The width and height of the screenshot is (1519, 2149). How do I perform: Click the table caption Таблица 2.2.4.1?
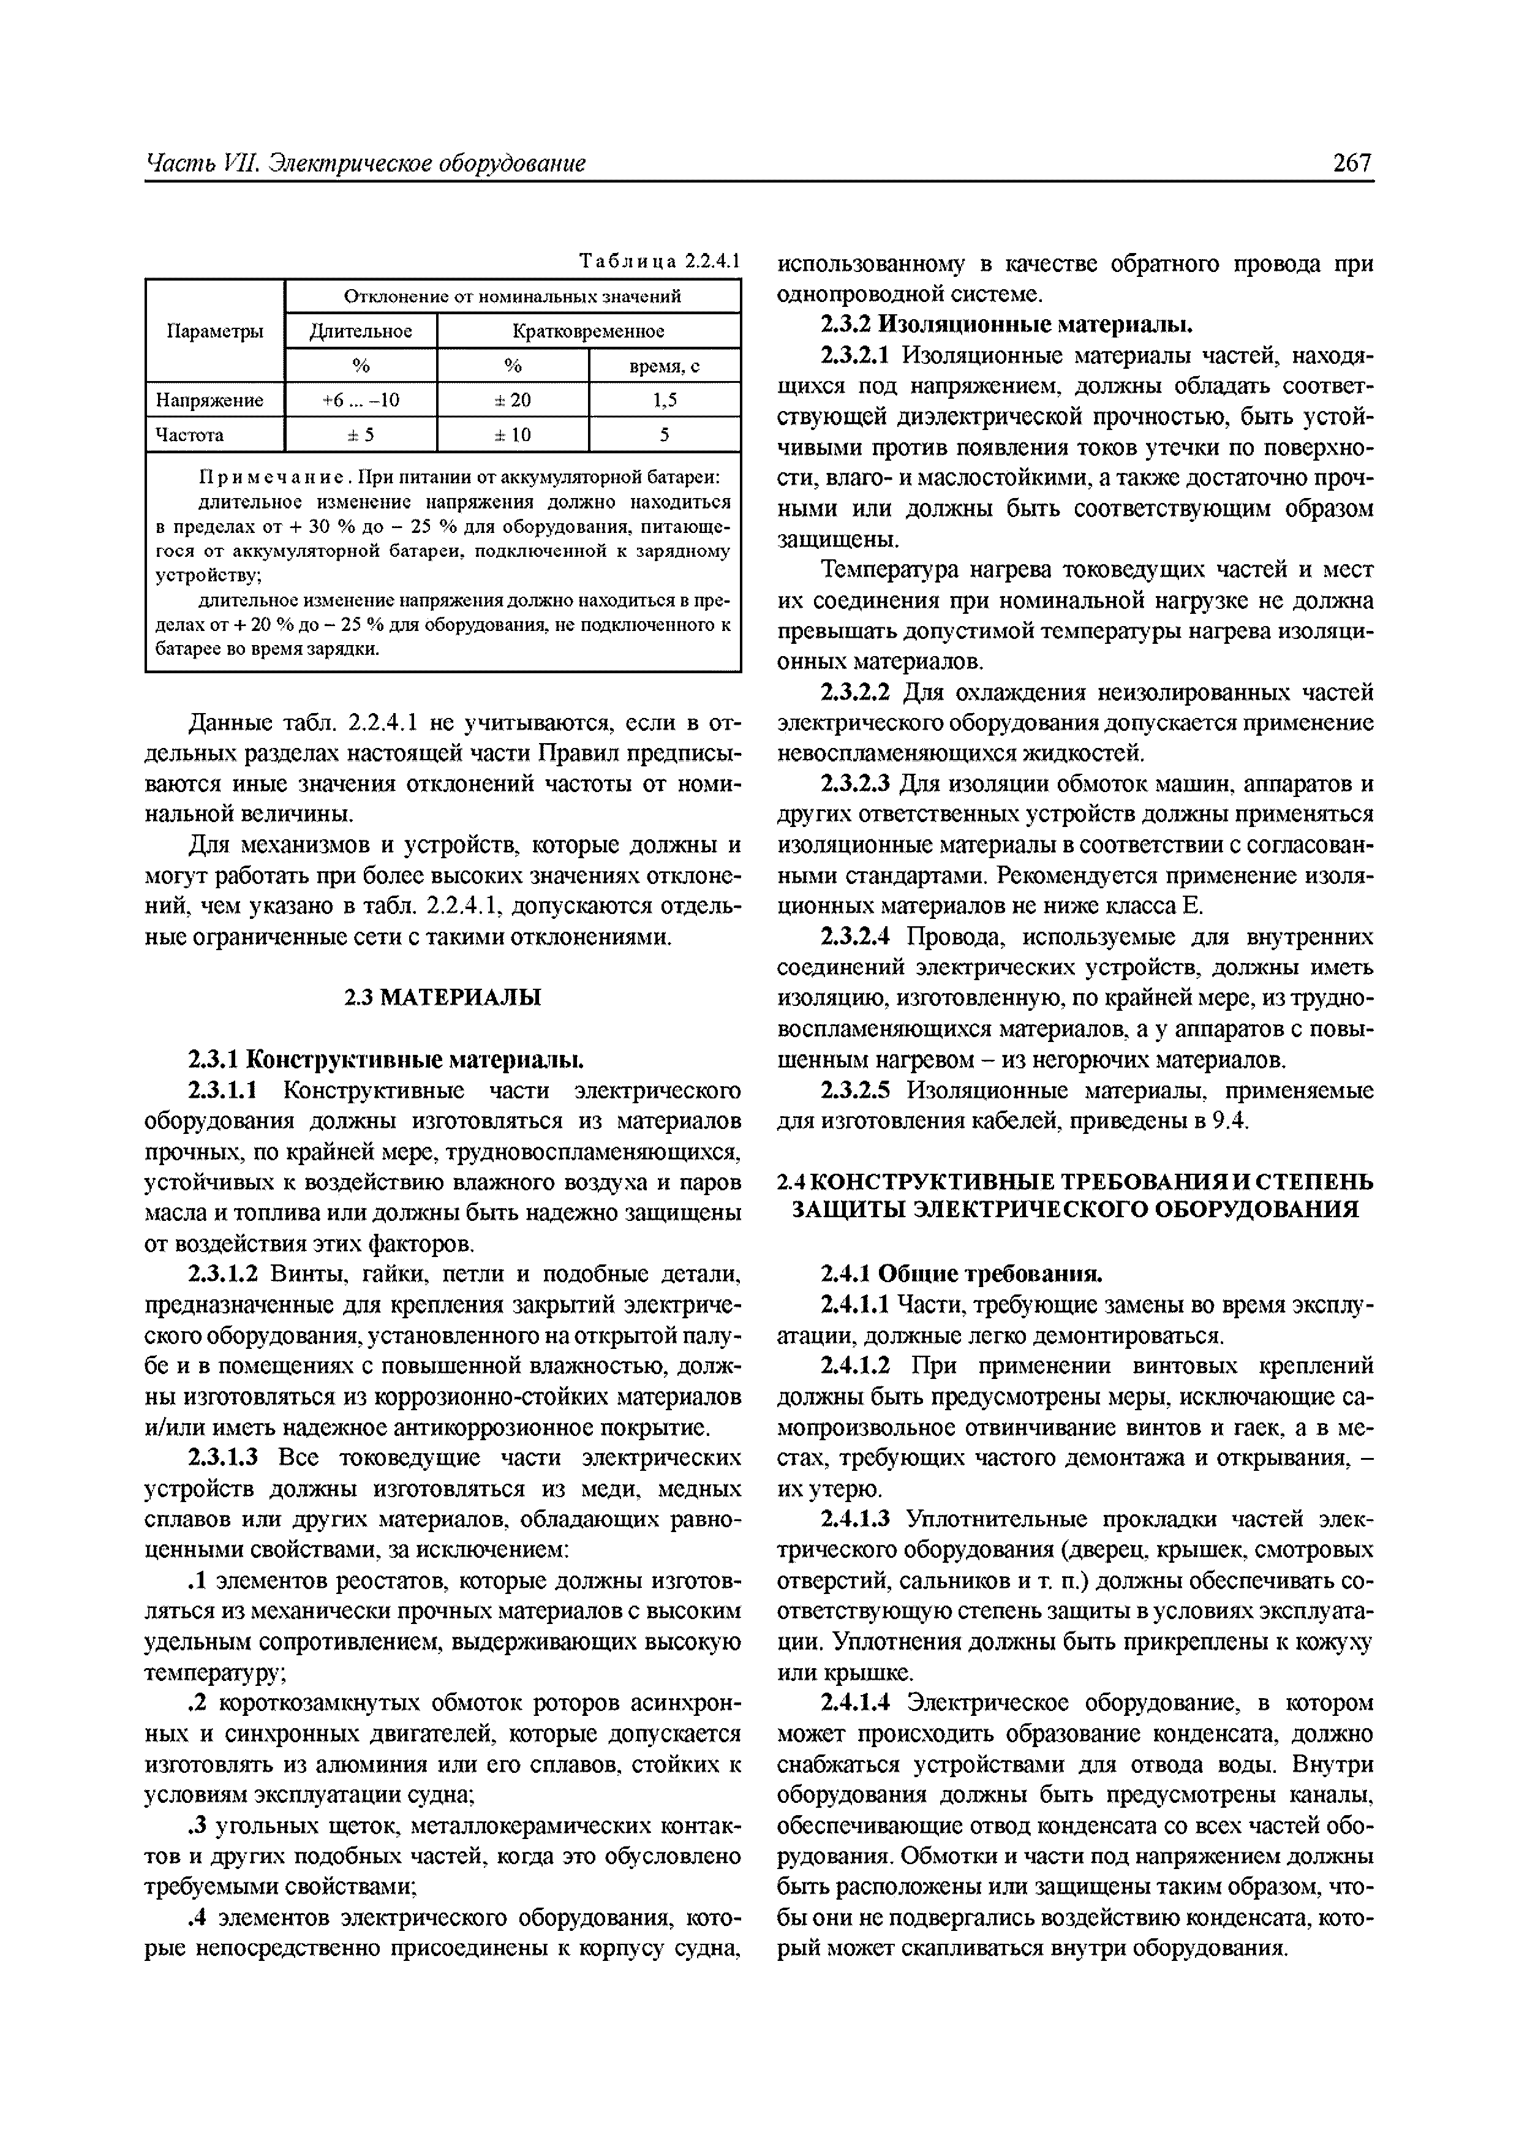click(660, 261)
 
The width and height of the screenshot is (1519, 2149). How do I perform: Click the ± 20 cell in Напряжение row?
click(512, 401)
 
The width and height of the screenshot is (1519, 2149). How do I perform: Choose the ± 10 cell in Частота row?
click(512, 435)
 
